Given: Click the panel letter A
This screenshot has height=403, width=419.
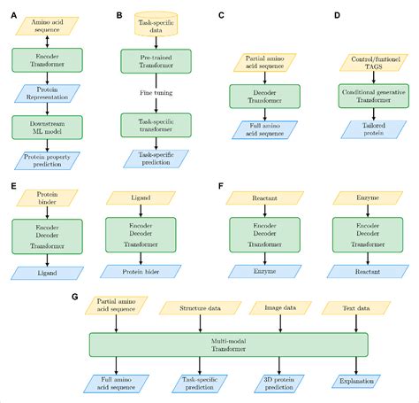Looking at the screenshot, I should click(8, 15).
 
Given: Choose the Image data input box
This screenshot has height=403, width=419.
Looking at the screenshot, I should click(278, 309).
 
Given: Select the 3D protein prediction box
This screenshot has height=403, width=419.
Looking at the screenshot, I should click(278, 383).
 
